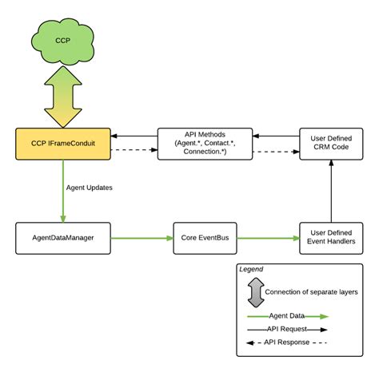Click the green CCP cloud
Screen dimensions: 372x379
point(62,39)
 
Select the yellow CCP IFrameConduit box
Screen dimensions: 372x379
point(62,144)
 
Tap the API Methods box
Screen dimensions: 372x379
point(205,144)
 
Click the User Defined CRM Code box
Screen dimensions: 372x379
point(331,144)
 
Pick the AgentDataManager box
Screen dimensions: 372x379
point(62,238)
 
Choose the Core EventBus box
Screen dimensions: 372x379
point(205,238)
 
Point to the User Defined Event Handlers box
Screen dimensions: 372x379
point(331,238)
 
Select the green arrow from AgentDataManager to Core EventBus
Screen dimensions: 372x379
point(140,238)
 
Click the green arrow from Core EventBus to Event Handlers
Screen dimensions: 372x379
point(268,238)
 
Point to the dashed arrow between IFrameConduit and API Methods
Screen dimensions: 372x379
point(133,150)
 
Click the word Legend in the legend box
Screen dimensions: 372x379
point(253,270)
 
